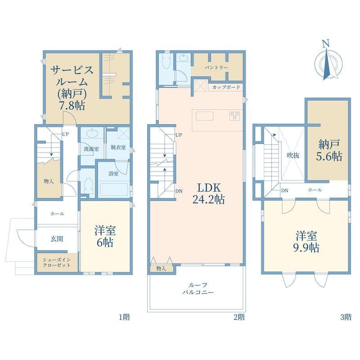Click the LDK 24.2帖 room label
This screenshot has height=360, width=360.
pos(208,194)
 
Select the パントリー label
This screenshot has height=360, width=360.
pos(216,67)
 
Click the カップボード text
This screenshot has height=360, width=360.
pos(226,87)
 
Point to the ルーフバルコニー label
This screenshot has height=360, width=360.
pos(198,288)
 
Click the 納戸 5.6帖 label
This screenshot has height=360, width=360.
pos(329,151)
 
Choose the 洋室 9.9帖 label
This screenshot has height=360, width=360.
pos(306,242)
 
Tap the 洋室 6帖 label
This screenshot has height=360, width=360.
pos(105,236)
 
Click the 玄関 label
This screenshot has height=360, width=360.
pos(57,239)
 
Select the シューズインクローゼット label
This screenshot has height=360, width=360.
pos(57,262)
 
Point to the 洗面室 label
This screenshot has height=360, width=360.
pos(91,149)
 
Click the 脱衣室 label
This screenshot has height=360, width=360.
pos(118,147)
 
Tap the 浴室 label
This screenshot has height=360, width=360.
pos(113,174)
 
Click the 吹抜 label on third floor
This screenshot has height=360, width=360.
pos(293,155)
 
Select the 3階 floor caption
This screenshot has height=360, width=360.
pos(346,317)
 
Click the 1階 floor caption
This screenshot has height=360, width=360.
pos(124,317)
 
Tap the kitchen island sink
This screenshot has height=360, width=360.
pos(205,116)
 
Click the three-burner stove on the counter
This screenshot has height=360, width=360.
pos(234,116)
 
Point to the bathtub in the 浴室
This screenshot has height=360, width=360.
pos(114,189)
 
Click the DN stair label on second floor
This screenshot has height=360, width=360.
pos(179,191)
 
